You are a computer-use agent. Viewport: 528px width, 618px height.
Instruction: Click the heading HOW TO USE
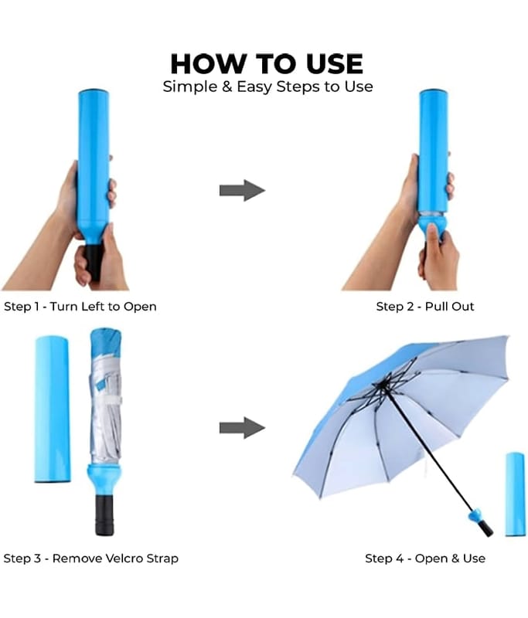coord(267,64)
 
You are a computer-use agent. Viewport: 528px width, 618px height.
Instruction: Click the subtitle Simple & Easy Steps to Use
coord(267,87)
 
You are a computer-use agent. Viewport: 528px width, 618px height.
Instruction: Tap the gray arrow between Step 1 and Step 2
coord(242,190)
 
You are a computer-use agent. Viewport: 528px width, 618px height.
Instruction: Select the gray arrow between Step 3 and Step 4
coord(242,428)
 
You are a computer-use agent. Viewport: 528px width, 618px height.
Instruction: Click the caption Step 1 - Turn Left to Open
coord(80,306)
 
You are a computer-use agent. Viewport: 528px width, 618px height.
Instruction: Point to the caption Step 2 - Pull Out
coord(424,306)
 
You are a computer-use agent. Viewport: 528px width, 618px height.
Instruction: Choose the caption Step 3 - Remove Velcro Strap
coord(90,558)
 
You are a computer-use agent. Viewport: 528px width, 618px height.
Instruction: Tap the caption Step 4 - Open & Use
coord(424,558)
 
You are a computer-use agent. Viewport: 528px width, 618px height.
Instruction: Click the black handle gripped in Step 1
coord(94,261)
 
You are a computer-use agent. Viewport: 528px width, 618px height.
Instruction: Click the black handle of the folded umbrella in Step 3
coord(104,514)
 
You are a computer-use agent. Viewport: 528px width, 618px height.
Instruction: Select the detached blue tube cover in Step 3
coord(53,409)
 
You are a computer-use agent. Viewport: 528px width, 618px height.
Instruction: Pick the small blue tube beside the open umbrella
coord(515,494)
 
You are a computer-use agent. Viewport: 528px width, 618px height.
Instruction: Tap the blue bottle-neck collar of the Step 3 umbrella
coord(104,479)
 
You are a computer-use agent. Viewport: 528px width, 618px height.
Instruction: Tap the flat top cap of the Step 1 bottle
coord(94,91)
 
